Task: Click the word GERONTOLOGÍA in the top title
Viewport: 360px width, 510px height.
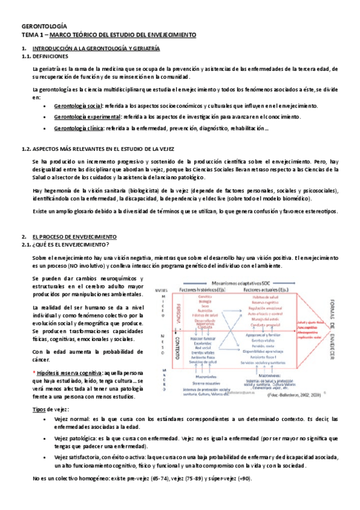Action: coord(44,26)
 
